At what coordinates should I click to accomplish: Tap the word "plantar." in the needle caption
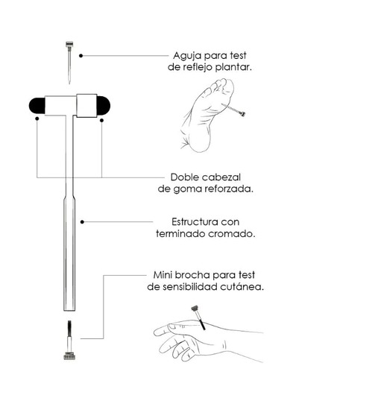pyautogui.click(x=233, y=68)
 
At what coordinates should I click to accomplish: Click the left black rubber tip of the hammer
pyautogui.click(x=37, y=106)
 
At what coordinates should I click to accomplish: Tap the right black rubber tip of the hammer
pyautogui.click(x=104, y=105)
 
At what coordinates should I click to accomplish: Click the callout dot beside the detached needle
pyautogui.click(x=81, y=56)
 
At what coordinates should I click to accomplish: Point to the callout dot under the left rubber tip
pyautogui.click(x=37, y=119)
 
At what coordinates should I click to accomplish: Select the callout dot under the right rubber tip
pyautogui.click(x=101, y=120)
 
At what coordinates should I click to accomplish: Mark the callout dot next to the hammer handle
pyautogui.click(x=82, y=222)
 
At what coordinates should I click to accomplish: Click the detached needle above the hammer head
pyautogui.click(x=69, y=62)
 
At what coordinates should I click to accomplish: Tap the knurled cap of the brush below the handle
pyautogui.click(x=69, y=356)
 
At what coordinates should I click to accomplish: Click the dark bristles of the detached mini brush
pyautogui.click(x=69, y=328)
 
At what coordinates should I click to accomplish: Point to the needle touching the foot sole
pyautogui.click(x=233, y=110)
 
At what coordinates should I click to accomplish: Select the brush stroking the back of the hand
pyautogui.click(x=198, y=318)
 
